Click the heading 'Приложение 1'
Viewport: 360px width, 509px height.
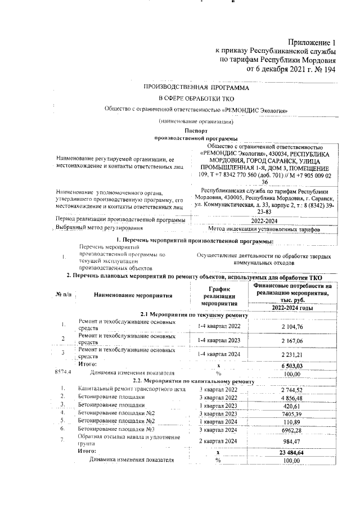310,42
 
